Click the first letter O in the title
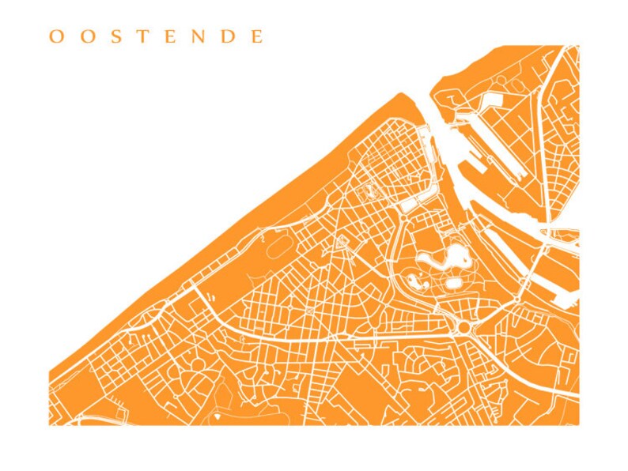coord(55,37)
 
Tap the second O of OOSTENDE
coord(85,37)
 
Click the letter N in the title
coord(199,37)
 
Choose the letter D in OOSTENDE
coord(229,37)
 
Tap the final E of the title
coord(256,37)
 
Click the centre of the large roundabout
coord(462,325)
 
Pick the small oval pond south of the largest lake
coord(454,281)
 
